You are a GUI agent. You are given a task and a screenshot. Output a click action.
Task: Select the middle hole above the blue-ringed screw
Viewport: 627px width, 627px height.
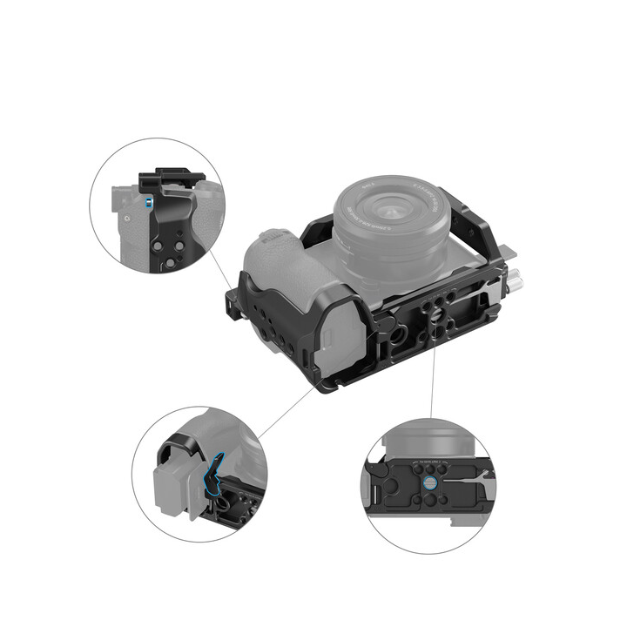point(432,465)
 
